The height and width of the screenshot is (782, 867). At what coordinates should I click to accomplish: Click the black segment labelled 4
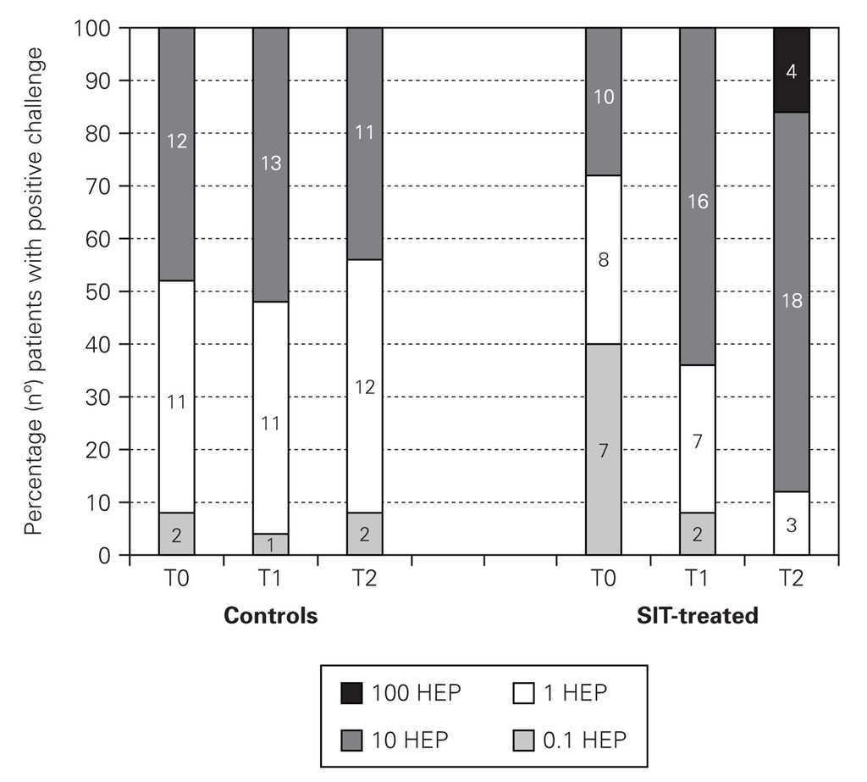[791, 71]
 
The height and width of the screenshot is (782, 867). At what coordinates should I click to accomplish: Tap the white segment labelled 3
[791, 524]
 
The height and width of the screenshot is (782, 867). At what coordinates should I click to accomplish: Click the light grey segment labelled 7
[603, 449]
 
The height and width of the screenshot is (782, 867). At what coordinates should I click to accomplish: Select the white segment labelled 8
[603, 260]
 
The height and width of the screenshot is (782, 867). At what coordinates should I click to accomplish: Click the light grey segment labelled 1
[271, 544]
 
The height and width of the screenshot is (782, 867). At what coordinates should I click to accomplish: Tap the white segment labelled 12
[365, 387]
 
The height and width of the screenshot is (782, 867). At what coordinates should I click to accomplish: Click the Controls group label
[271, 616]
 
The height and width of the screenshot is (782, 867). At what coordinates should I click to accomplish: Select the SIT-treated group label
[697, 616]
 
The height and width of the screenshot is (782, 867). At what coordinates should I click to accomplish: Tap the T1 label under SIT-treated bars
[697, 582]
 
